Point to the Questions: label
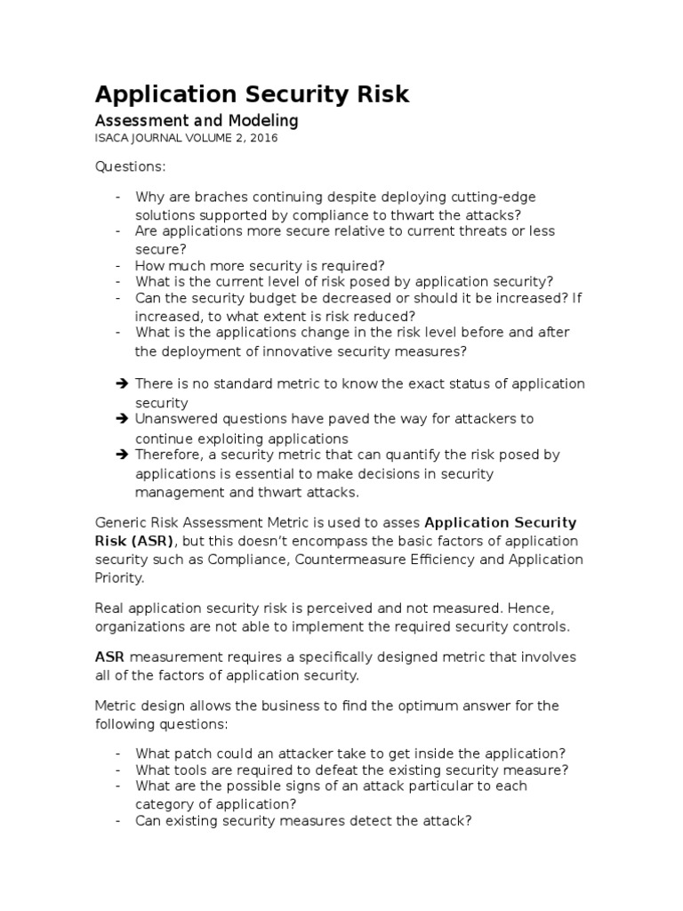tap(130, 167)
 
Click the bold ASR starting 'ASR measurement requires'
tap(108, 657)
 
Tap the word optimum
tap(381, 705)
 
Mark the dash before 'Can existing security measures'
tap(119, 821)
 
